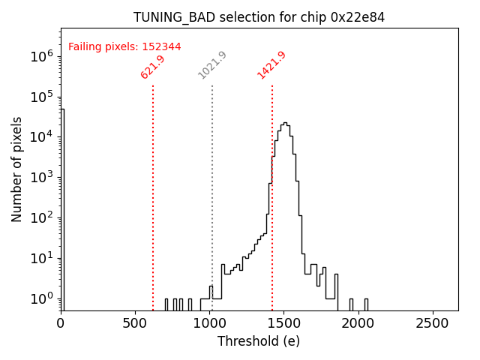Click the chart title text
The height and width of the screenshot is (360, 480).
click(259, 17)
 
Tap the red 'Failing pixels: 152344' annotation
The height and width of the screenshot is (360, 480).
click(124, 46)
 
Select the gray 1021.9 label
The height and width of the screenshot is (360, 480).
click(212, 65)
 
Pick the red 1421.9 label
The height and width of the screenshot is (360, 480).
click(271, 65)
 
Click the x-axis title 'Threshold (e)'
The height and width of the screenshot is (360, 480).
click(259, 341)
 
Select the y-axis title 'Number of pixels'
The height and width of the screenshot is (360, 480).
click(17, 169)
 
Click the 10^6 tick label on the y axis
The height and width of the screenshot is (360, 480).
click(41, 56)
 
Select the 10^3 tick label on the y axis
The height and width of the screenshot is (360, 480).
click(41, 178)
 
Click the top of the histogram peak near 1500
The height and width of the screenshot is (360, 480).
click(283, 123)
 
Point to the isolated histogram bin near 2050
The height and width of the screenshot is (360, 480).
click(366, 301)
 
